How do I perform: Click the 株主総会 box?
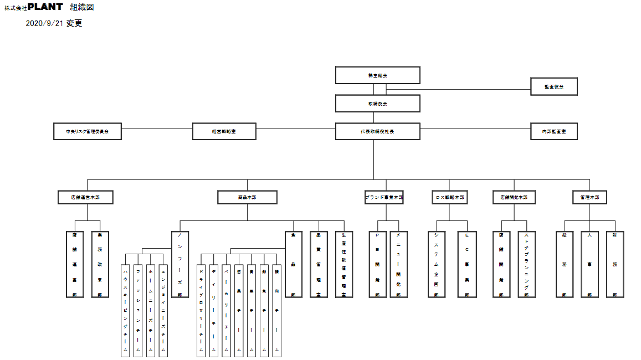tap(377, 75)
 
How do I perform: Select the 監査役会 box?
tap(553, 86)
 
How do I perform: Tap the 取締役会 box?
tap(377, 104)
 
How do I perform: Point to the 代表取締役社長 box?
tap(377, 131)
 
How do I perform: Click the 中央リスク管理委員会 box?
tap(87, 131)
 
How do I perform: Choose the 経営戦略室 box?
tap(224, 131)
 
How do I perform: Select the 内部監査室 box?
tap(553, 131)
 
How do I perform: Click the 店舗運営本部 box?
tap(85, 197)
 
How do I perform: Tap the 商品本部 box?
tap(247, 197)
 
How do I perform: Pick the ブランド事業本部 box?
tap(384, 197)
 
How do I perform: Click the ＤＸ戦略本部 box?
tap(449, 197)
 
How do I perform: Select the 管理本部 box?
tap(589, 197)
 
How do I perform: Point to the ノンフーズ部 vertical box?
tap(180, 264)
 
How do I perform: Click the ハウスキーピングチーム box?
tap(126, 311)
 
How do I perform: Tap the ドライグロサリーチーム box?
tap(201, 311)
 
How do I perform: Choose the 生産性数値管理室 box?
tap(343, 264)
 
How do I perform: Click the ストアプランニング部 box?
tap(526, 264)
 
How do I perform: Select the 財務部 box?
tap(614, 264)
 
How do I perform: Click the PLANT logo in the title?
tap(45, 7)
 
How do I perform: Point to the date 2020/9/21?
tap(45, 24)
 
